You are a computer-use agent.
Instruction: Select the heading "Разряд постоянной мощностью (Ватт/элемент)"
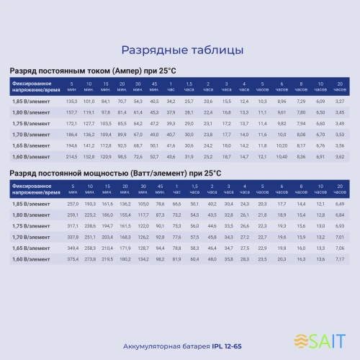(x=114, y=174)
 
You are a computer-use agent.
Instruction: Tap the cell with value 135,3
(x=71, y=102)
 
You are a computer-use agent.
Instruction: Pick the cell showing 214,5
(x=71, y=156)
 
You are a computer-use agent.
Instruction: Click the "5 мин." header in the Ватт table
(x=71, y=189)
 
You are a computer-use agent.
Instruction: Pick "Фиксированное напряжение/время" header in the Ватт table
(x=32, y=189)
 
